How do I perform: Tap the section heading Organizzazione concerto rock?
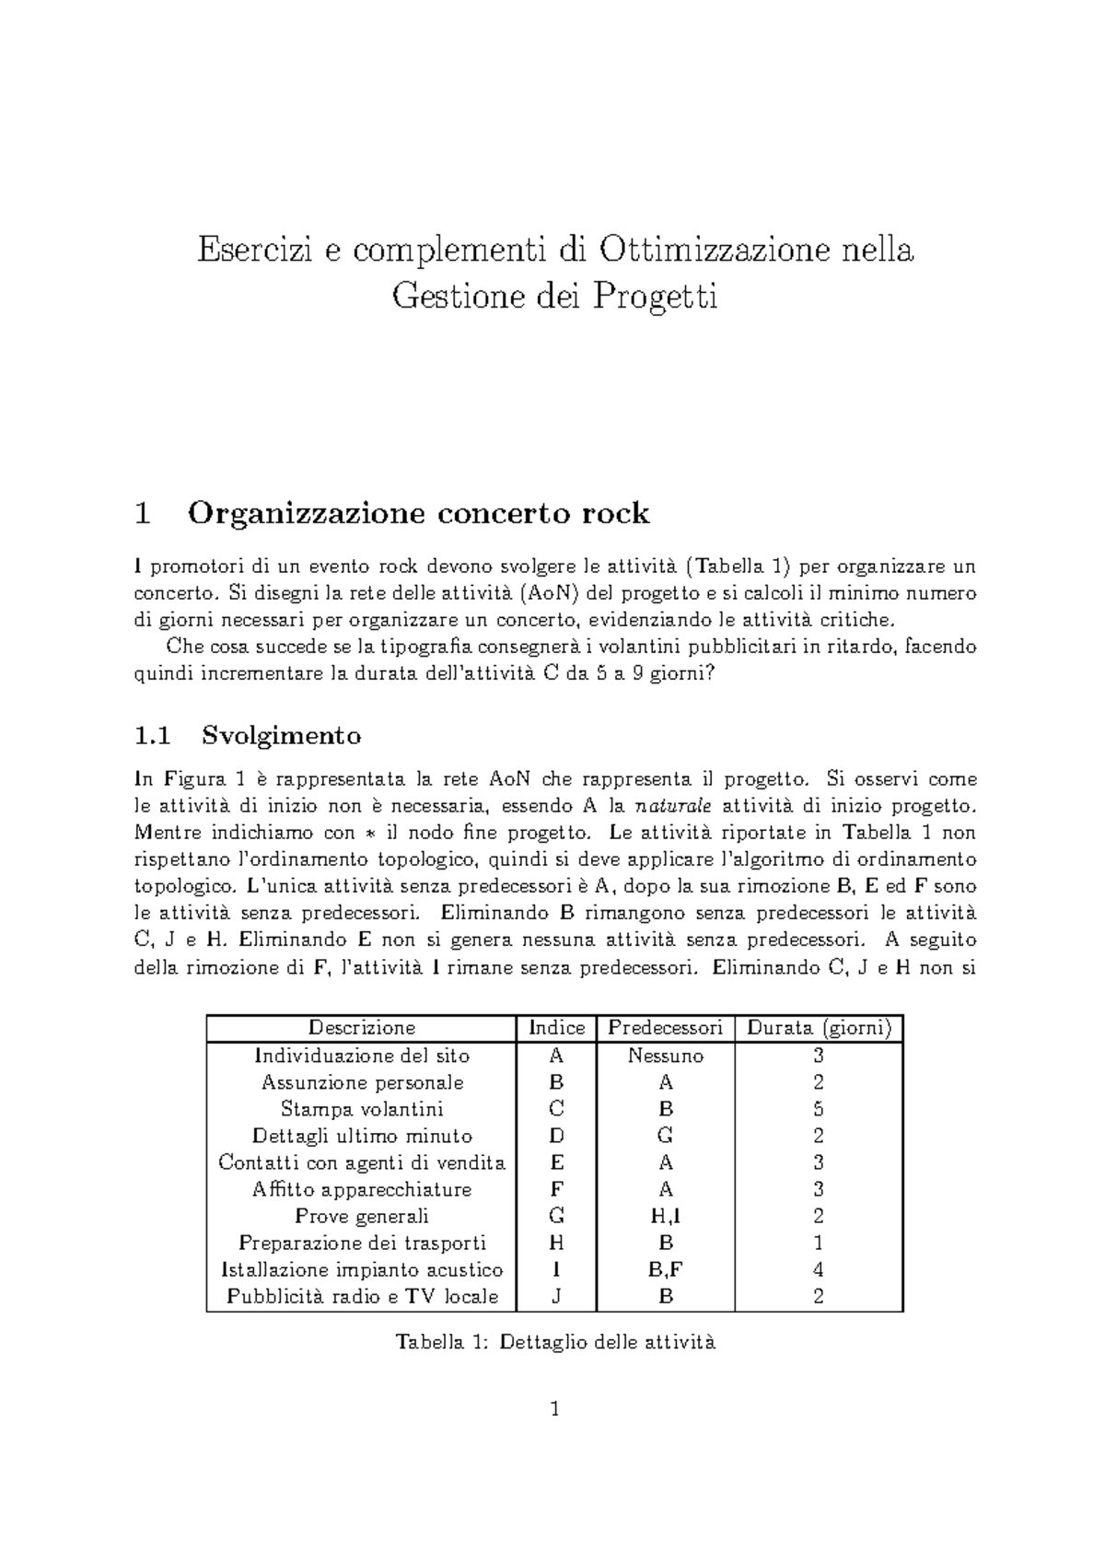[x=419, y=513]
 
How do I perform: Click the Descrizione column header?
[x=362, y=1028]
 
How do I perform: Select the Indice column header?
[x=556, y=1028]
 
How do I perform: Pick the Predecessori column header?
[x=666, y=1028]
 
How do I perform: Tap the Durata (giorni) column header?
[x=819, y=1028]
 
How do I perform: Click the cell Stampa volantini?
[x=362, y=1109]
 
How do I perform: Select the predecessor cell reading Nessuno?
[x=666, y=1056]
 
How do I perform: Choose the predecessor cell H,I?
[x=666, y=1217]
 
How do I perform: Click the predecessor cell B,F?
[x=666, y=1270]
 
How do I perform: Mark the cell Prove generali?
[x=362, y=1217]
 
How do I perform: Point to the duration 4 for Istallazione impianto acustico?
[x=819, y=1270]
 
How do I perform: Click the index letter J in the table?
[x=556, y=1297]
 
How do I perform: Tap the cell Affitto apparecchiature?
[x=362, y=1190]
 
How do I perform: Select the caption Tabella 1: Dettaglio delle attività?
[x=555, y=1342]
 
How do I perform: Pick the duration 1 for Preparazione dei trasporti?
[x=819, y=1243]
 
